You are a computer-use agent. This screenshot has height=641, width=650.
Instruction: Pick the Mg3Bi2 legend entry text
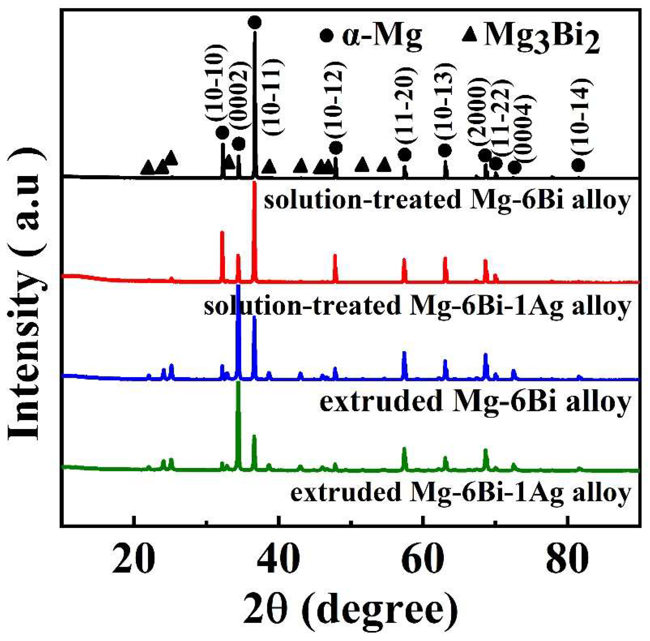coord(542,38)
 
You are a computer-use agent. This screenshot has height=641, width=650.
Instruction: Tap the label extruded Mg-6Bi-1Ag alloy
coord(461,493)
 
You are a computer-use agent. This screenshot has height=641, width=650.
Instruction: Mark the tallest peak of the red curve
coord(254,183)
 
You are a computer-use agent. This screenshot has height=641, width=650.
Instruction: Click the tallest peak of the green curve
coord(238,383)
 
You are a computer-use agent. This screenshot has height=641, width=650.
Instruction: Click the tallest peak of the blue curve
coord(238,286)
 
